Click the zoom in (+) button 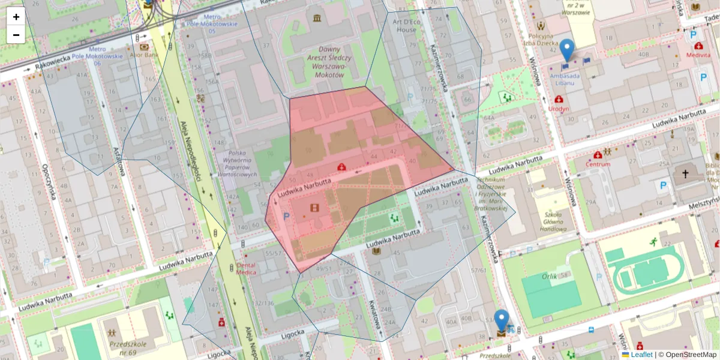(x=16, y=17)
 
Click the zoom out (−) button (x=16, y=35)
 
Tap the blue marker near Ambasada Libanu (x=566, y=50)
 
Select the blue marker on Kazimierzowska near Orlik (x=501, y=322)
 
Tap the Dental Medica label (x=246, y=268)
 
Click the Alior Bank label (x=144, y=55)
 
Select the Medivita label (x=698, y=55)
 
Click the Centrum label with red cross (x=598, y=164)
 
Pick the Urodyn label (x=559, y=109)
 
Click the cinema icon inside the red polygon (x=314, y=208)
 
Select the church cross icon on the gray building (x=685, y=173)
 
